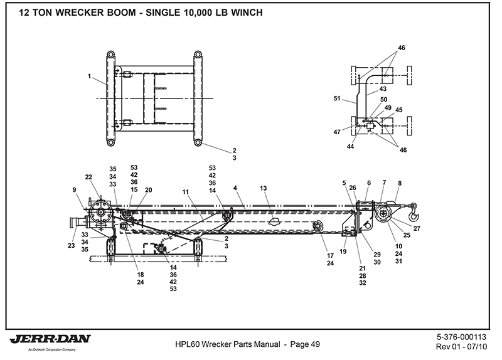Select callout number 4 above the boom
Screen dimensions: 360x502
tap(234, 187)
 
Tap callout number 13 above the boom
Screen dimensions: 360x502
tap(264, 188)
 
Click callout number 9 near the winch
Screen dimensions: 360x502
tap(75, 189)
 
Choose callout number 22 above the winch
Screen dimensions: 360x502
tap(88, 177)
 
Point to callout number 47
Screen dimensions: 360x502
tap(338, 132)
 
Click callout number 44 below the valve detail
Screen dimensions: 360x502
tap(350, 146)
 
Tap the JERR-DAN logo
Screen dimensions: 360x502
tap(50, 340)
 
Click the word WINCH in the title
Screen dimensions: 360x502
tap(235, 13)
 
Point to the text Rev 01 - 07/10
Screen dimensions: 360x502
tap(462, 347)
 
